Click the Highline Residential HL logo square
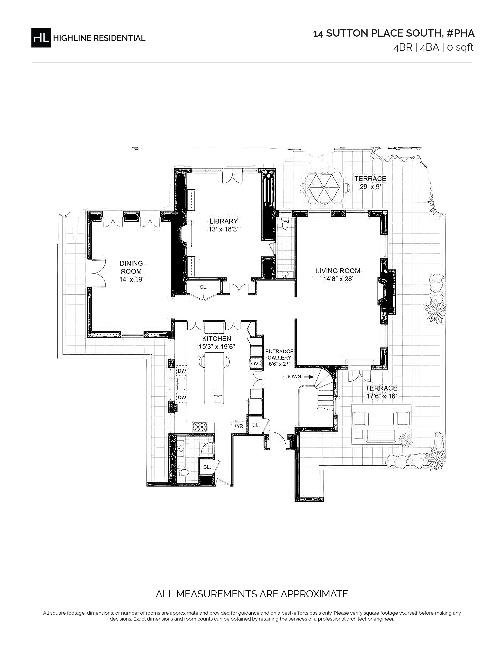41,38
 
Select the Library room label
224,221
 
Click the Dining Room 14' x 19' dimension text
131,280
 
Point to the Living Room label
338,271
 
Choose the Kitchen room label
217,338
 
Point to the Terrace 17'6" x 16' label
382,392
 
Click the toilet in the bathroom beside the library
285,223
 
